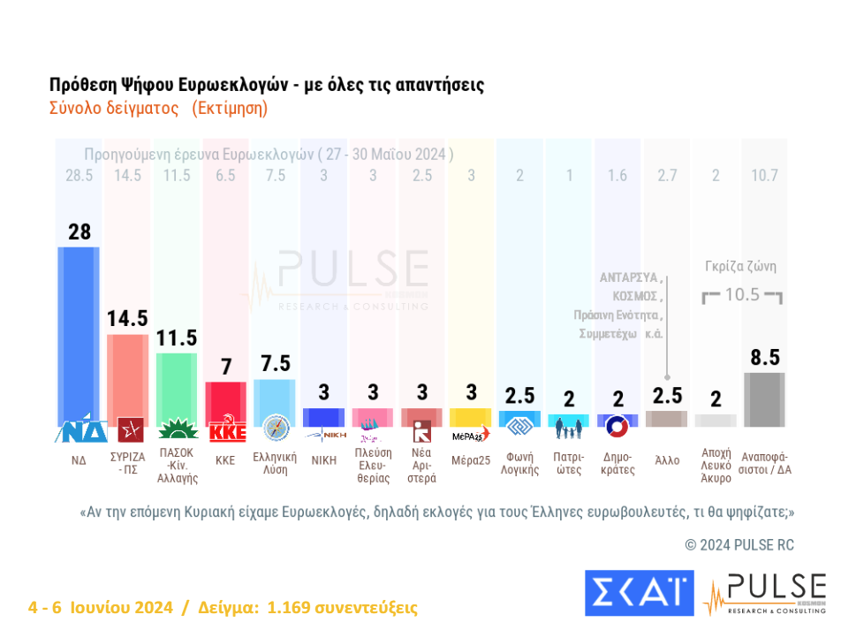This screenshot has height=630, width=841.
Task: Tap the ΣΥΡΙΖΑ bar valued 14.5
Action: coord(127,376)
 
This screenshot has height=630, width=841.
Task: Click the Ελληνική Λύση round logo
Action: coord(276,429)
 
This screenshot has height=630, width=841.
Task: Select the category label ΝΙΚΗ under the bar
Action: coord(323,460)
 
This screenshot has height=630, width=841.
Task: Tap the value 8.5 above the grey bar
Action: coord(765,358)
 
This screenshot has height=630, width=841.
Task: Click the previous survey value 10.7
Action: coord(765,175)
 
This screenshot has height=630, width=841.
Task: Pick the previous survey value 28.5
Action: coord(79,175)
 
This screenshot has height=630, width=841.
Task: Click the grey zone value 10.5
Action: coord(742,295)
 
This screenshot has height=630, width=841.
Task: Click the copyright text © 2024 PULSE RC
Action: coord(739,545)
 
